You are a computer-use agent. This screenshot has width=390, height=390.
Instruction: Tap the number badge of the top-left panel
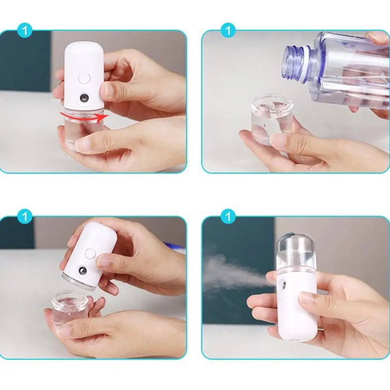pyautogui.click(x=25, y=31)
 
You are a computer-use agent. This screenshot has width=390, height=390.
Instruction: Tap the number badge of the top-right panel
pyautogui.click(x=228, y=31)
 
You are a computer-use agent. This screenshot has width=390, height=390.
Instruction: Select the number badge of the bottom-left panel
pyautogui.click(x=25, y=217)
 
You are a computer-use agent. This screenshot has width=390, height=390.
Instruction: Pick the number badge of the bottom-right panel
pyautogui.click(x=228, y=217)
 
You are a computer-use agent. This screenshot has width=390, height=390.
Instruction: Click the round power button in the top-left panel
pyautogui.click(x=84, y=78)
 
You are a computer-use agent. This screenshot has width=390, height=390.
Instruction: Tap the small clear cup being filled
pyautogui.click(x=271, y=117)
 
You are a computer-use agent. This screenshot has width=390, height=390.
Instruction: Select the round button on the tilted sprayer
pyautogui.click(x=90, y=254)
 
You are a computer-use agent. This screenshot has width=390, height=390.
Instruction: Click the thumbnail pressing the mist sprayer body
pyautogui.click(x=306, y=298)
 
